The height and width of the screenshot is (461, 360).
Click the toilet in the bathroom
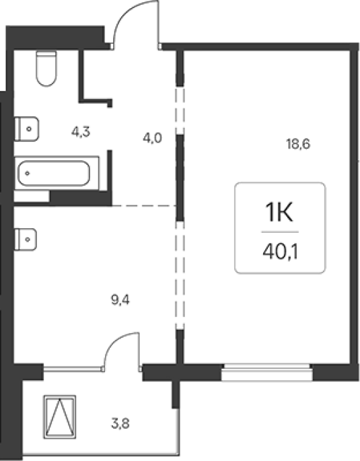tap(46, 69)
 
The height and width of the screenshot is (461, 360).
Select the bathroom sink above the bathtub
tap(27, 129)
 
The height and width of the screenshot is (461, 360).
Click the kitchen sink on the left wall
tap(26, 240)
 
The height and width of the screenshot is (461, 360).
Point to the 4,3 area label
tap(81, 132)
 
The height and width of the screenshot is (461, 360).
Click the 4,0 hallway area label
tap(152, 138)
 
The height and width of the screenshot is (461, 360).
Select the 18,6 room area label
tap(298, 144)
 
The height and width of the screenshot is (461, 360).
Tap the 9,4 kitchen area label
tap(120, 300)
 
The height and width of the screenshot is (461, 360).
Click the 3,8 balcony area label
tap(120, 424)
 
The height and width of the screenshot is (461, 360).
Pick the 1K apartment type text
tap(279, 213)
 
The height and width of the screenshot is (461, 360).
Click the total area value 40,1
tap(280, 252)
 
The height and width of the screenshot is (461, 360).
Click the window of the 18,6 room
tap(267, 372)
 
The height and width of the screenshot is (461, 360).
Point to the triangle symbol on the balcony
tap(60, 417)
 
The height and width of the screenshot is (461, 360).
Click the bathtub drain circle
tap(28, 174)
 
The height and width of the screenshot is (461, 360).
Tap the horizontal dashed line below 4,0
tap(144, 205)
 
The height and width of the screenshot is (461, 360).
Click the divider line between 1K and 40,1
tap(280, 232)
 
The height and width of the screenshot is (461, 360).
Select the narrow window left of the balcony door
tap(73, 368)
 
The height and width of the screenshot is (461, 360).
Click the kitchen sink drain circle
tap(28, 240)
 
